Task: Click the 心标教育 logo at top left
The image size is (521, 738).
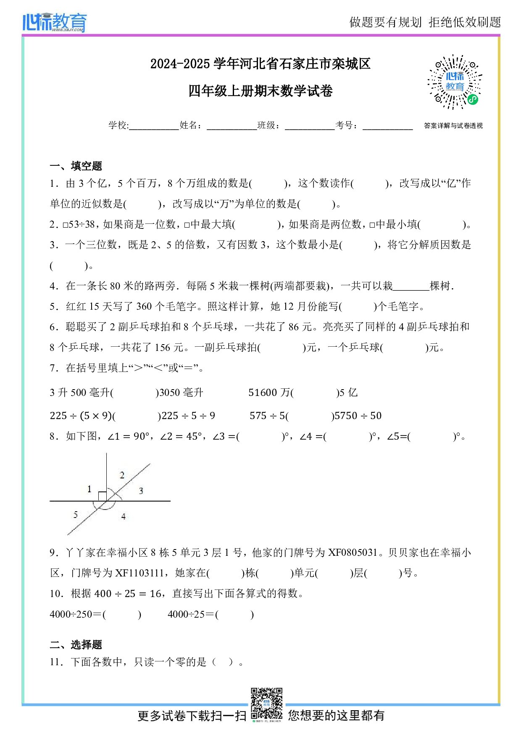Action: (x=55, y=22)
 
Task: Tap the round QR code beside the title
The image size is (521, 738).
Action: (x=455, y=82)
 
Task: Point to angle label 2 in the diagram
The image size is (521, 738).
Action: (x=122, y=475)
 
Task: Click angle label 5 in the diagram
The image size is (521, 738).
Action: (x=76, y=514)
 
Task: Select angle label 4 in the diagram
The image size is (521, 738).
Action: (x=124, y=516)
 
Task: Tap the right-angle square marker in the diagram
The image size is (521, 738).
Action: (x=102, y=496)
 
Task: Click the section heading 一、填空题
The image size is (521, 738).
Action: (x=76, y=166)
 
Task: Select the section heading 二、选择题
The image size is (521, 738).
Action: (x=76, y=645)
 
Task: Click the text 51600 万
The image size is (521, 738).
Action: (x=269, y=393)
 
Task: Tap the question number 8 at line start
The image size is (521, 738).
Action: (x=53, y=436)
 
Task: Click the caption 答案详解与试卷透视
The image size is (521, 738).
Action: (x=453, y=126)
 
